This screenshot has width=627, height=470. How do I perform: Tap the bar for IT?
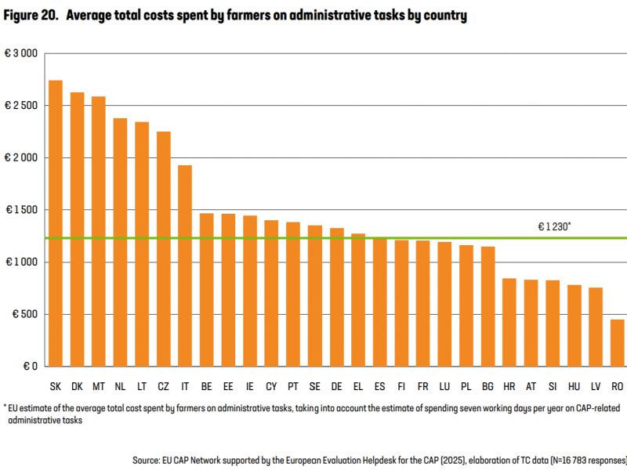pyautogui.click(x=185, y=266)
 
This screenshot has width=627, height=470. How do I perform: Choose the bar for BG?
pyautogui.click(x=487, y=306)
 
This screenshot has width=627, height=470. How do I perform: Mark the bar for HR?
pyautogui.click(x=509, y=322)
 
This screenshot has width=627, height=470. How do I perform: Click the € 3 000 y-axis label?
pyautogui.click(x=21, y=53)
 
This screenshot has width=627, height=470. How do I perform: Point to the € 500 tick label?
pyautogui.click(x=24, y=314)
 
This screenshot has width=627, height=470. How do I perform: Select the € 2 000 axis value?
pyautogui.click(x=21, y=157)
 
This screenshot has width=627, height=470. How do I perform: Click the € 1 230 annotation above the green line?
pyautogui.click(x=554, y=226)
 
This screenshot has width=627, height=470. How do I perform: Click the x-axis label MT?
pyautogui.click(x=99, y=387)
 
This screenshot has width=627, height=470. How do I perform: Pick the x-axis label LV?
pyautogui.click(x=596, y=387)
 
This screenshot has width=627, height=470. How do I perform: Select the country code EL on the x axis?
pyautogui.click(x=358, y=387)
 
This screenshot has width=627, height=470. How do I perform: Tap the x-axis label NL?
pyautogui.click(x=120, y=387)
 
